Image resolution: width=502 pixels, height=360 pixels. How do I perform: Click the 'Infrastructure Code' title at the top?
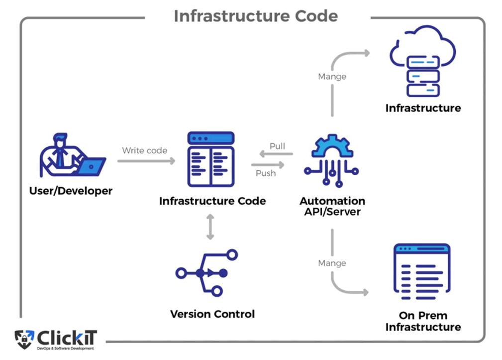(256, 16)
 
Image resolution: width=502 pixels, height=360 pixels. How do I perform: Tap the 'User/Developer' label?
(71, 191)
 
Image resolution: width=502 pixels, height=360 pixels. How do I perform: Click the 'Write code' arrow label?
(144, 150)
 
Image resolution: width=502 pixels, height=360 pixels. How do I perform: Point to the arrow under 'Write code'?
(146, 161)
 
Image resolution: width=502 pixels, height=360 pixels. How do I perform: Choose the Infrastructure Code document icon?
(211, 159)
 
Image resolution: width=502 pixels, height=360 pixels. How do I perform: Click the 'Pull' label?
(277, 146)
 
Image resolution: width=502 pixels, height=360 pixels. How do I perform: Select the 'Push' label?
(266, 173)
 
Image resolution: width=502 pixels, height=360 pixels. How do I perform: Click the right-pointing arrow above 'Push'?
(268, 164)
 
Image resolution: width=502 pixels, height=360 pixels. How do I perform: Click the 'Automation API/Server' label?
(332, 206)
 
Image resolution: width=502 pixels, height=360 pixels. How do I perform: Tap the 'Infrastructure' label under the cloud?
(423, 108)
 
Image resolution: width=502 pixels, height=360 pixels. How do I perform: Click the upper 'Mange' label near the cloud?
(332, 77)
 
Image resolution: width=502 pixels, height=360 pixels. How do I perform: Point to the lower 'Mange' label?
(332, 263)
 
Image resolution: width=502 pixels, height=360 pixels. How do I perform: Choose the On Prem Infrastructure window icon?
(422, 272)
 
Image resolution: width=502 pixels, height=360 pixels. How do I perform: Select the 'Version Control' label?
(212, 314)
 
